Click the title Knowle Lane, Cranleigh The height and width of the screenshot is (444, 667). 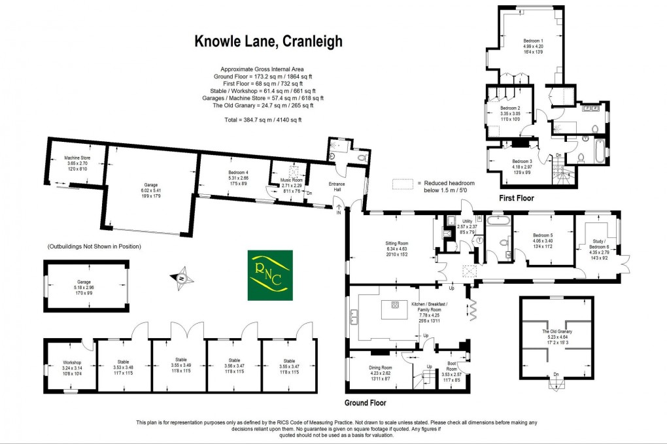[x=269, y=41]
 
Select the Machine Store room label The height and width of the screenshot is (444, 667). [x=77, y=161]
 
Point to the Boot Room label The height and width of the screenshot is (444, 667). [x=452, y=371]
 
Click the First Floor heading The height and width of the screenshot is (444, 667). [x=517, y=197]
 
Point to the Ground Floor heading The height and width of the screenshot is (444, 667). [x=366, y=403]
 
